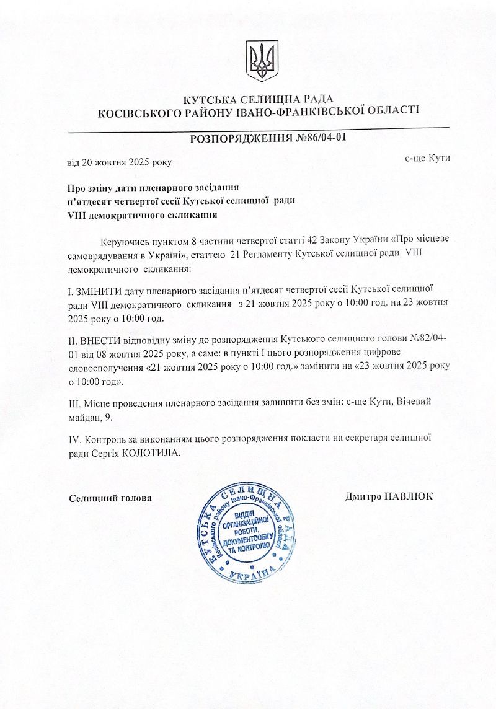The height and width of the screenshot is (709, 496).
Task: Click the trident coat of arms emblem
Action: click(x=262, y=60)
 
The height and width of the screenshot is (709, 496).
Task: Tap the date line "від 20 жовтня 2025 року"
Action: click(x=119, y=163)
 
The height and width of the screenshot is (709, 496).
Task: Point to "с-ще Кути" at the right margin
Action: click(x=427, y=158)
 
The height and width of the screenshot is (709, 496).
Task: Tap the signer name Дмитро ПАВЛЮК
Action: click(x=389, y=496)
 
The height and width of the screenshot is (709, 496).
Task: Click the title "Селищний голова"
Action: click(x=110, y=498)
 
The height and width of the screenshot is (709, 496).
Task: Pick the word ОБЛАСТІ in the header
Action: click(x=392, y=111)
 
